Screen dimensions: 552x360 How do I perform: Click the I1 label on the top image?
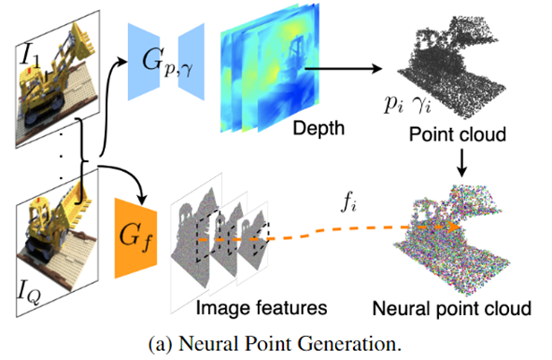pos(30,56)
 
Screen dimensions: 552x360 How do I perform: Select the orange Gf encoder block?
pos(135,238)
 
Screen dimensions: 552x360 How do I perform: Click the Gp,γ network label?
pos(168,64)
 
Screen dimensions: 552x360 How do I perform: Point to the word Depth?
pos(319,128)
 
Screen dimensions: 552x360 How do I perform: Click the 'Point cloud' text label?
pos(457,134)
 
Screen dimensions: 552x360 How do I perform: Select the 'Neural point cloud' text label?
pos(452,309)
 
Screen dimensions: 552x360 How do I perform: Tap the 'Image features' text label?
pos(262,308)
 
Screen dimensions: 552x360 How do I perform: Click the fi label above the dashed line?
pos(349,203)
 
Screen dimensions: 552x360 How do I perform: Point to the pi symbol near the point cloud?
pos(393,104)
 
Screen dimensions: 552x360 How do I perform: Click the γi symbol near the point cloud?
pos(422,105)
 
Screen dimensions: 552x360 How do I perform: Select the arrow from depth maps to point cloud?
pos(343,69)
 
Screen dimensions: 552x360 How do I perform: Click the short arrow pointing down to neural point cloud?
pos(461,163)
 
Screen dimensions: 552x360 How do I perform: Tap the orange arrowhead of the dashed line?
pos(453,227)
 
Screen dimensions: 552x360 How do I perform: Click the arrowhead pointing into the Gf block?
pos(142,200)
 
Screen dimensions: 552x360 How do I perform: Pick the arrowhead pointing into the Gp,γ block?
pos(122,63)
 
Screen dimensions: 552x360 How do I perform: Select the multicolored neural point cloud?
pos(452,239)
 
